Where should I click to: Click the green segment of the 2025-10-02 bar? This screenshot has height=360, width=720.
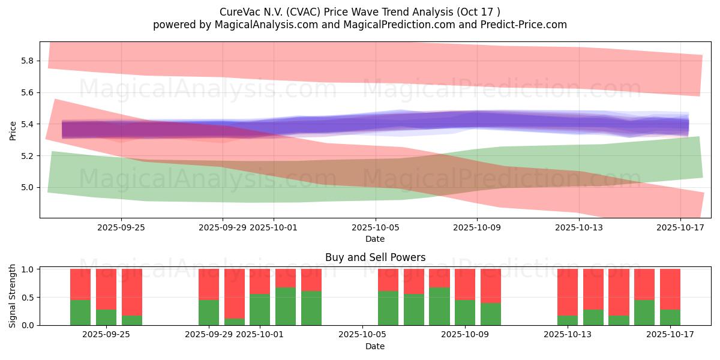click(x=286, y=306)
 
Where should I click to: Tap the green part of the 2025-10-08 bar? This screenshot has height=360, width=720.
click(x=439, y=306)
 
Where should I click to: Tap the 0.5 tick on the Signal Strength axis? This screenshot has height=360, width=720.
click(x=28, y=298)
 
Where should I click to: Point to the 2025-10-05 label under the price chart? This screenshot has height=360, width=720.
click(x=376, y=228)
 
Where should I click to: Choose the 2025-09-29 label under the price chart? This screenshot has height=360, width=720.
click(x=223, y=228)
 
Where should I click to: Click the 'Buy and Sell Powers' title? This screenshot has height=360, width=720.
click(x=375, y=258)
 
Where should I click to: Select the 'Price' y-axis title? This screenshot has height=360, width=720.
click(x=13, y=130)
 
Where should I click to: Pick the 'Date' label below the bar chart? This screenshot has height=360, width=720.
click(x=375, y=346)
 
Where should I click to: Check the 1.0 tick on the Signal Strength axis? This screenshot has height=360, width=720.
click(x=28, y=269)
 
